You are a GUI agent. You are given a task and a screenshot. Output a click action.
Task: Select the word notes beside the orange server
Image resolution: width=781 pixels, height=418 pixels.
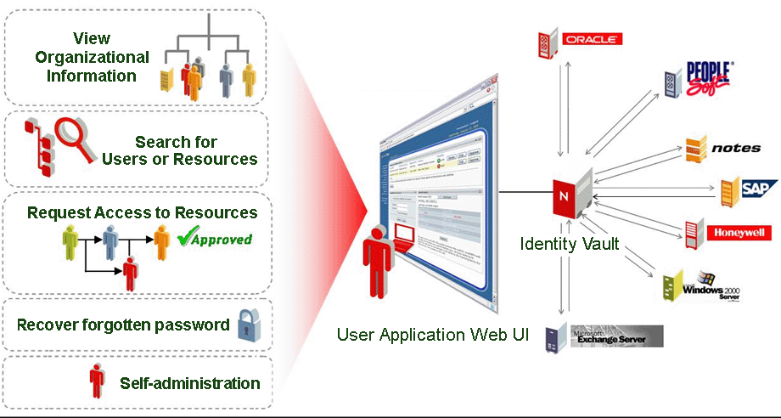[736, 149]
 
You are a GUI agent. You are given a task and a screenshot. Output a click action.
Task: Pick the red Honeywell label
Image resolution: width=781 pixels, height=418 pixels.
[744, 233]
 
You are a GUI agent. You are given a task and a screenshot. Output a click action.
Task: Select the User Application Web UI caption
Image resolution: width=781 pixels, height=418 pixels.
[433, 334]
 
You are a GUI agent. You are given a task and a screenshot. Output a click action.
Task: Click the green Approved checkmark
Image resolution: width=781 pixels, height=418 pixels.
[215, 239]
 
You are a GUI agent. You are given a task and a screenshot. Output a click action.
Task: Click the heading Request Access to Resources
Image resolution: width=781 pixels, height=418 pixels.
[142, 212]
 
